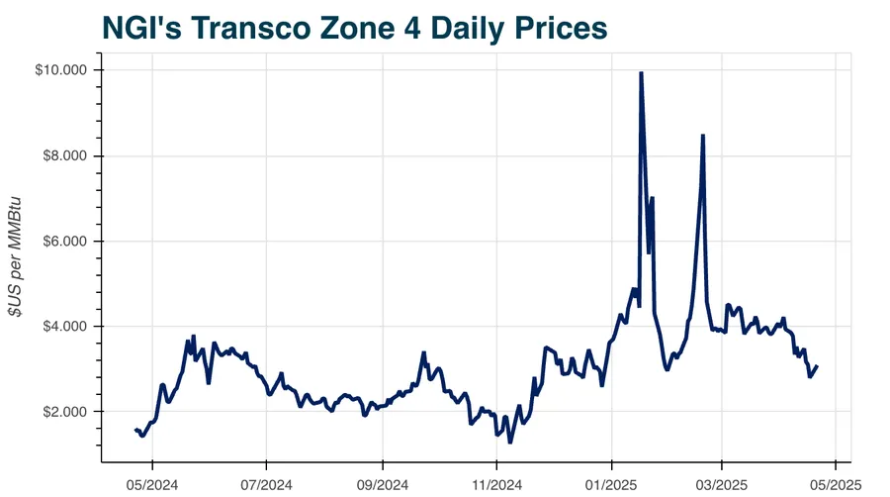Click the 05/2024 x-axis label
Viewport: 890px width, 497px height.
152,485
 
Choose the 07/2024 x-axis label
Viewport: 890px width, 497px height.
267,485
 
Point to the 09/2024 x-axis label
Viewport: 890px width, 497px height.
383,485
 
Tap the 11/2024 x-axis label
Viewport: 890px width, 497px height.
496,485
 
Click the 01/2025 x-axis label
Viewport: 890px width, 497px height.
611,485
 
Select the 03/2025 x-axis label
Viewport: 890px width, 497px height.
721,485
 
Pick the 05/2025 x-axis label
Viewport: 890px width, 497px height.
836,485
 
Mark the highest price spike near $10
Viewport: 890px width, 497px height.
642,73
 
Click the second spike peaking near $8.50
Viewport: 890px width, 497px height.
702,136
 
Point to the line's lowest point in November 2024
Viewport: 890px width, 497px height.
510,442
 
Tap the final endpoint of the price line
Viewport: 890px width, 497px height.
817,366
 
